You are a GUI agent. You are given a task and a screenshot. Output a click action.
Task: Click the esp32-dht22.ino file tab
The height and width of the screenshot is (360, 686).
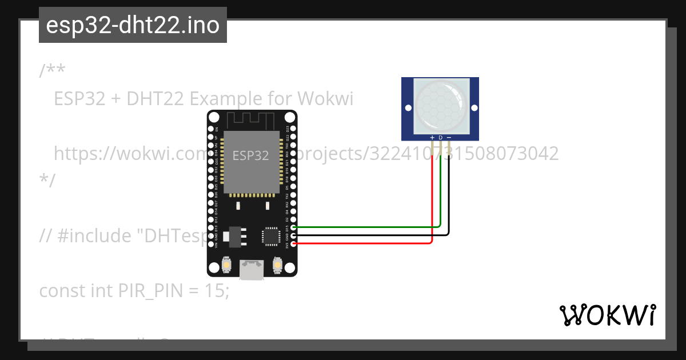pyautogui.click(x=133, y=25)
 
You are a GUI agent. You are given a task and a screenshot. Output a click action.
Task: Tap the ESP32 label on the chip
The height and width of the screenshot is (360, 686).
pyautogui.click(x=251, y=155)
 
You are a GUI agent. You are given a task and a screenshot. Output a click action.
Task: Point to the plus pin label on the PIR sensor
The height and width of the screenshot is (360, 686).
pyautogui.click(x=432, y=138)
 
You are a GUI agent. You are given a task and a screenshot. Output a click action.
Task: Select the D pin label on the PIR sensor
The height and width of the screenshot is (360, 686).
pyautogui.click(x=441, y=138)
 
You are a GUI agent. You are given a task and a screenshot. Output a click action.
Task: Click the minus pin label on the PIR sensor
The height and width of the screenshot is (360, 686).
pyautogui.click(x=449, y=138)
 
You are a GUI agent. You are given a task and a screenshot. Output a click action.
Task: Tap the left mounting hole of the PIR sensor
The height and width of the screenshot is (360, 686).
pyautogui.click(x=408, y=107)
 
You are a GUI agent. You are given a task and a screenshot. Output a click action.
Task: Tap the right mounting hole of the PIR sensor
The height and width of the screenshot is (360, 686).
pyautogui.click(x=474, y=107)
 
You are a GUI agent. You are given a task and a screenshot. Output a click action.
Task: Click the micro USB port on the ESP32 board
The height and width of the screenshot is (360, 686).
pyautogui.click(x=252, y=269)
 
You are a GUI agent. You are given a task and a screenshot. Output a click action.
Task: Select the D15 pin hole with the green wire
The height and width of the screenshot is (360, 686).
pyautogui.click(x=294, y=227)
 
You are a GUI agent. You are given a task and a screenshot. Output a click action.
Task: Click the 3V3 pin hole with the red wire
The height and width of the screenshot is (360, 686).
pyautogui.click(x=294, y=244)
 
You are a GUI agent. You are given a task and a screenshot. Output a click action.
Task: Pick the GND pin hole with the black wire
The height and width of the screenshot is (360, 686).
pyautogui.click(x=294, y=235)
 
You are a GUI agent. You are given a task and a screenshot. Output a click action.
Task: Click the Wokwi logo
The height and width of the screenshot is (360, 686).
pyautogui.click(x=607, y=315)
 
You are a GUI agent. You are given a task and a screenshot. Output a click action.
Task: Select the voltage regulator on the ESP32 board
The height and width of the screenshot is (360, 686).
pyautogui.click(x=234, y=235)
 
